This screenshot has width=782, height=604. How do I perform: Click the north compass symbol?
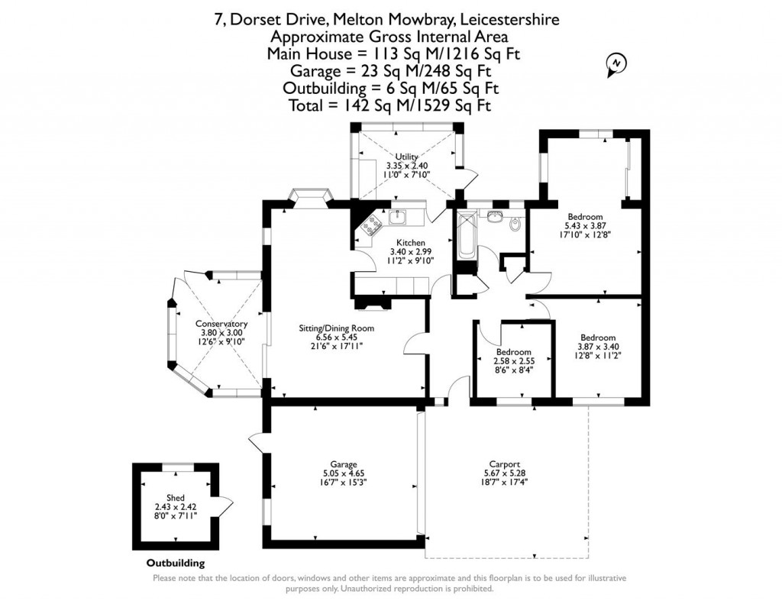pos(615,65)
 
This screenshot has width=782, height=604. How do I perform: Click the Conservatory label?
pos(221,324)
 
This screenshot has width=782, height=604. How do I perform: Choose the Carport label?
pos(505,463)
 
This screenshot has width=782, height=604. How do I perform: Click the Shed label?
pos(176,498)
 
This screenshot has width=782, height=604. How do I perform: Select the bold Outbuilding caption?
pos(176,564)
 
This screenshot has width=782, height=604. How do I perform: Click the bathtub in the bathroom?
pos(465,237)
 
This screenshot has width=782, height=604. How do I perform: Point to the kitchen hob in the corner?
pos(372,224)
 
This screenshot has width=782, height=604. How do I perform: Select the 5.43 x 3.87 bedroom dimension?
pos(584,226)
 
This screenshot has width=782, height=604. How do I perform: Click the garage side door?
pos(256,444)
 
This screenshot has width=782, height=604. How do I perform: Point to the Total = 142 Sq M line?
pos(389,105)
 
